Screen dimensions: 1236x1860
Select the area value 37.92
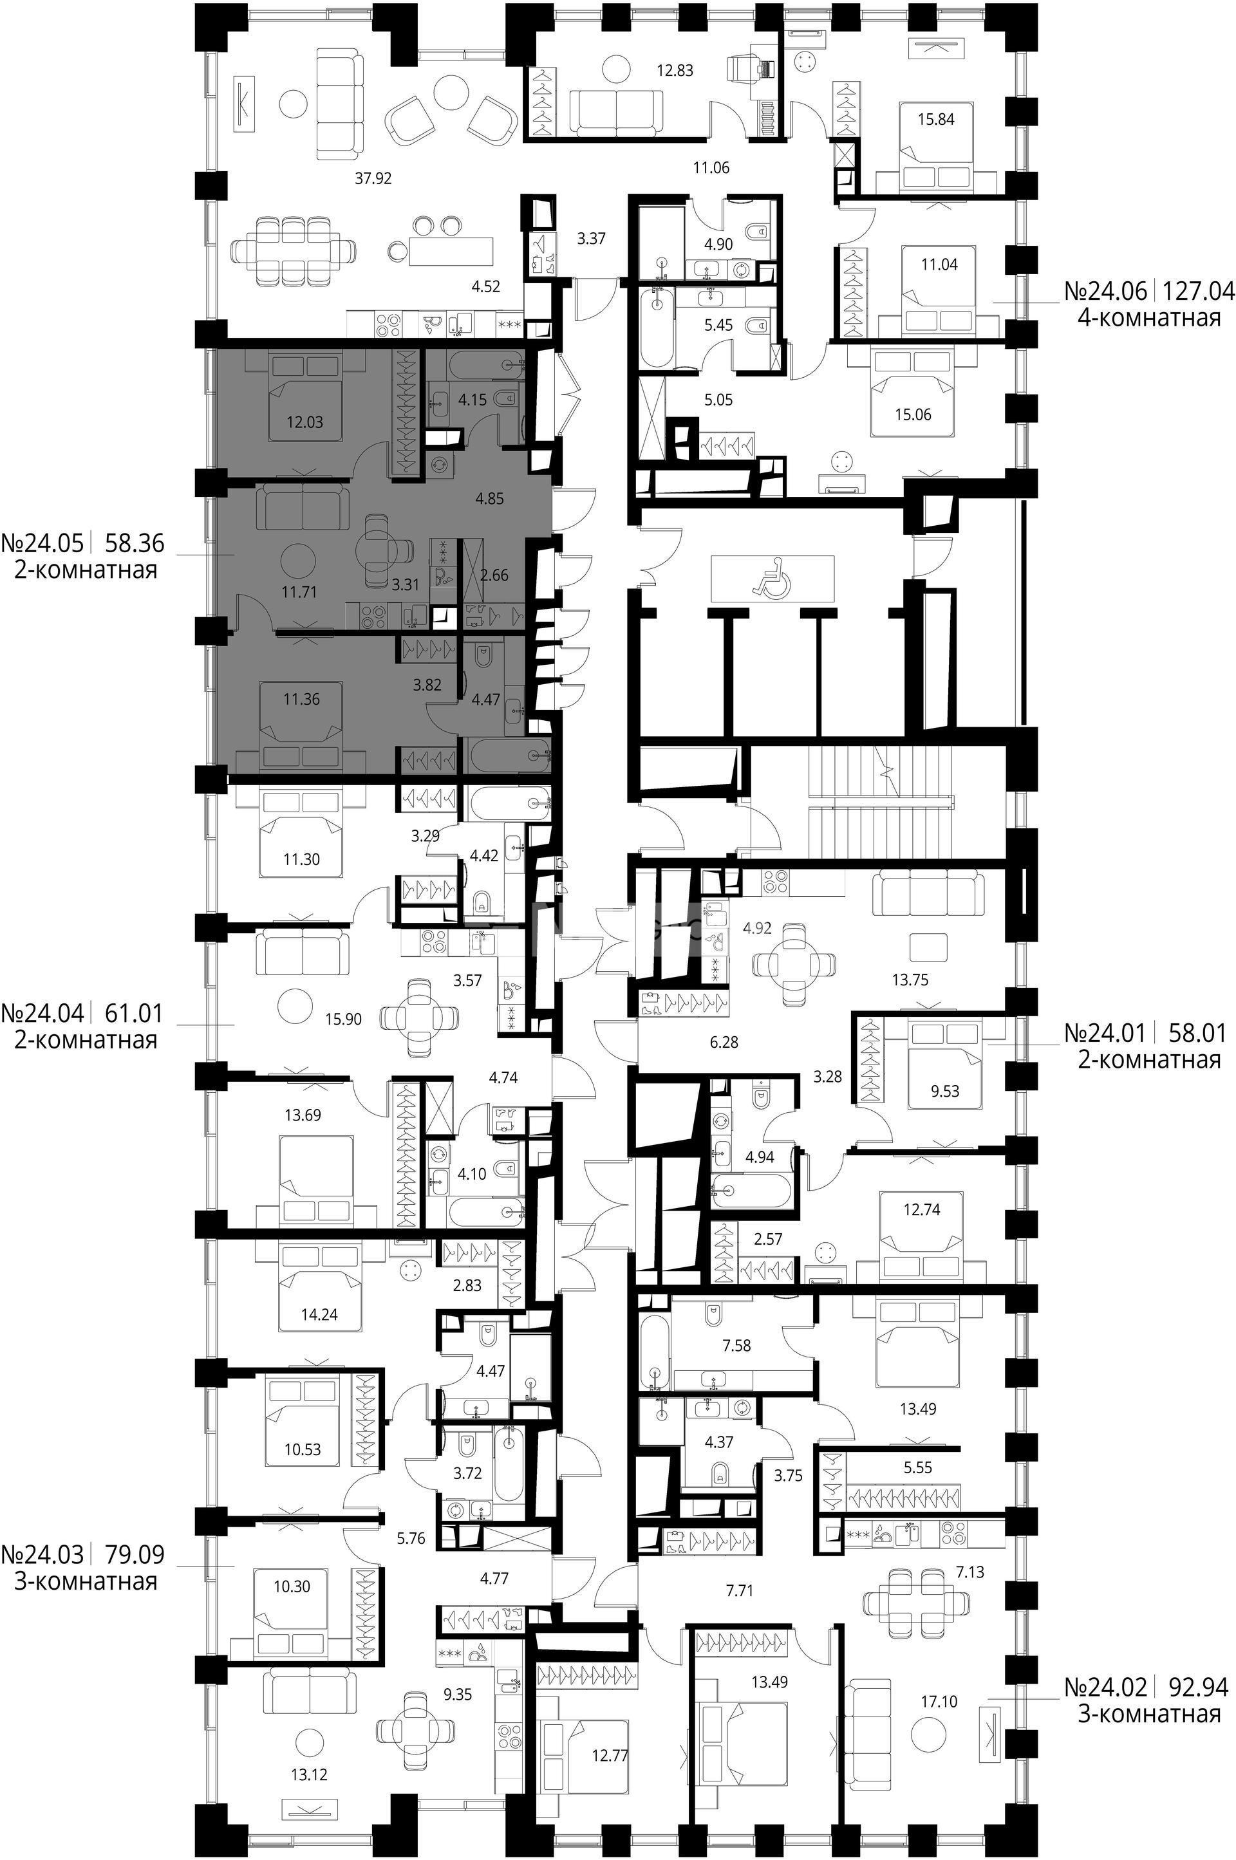(x=373, y=179)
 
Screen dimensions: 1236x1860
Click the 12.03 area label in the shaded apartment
(x=304, y=422)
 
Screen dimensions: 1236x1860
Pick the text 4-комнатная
(x=1149, y=318)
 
